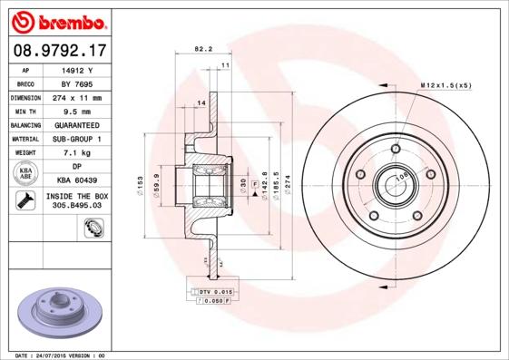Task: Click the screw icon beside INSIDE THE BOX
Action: [x=24, y=201]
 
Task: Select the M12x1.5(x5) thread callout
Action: [x=445, y=84]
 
